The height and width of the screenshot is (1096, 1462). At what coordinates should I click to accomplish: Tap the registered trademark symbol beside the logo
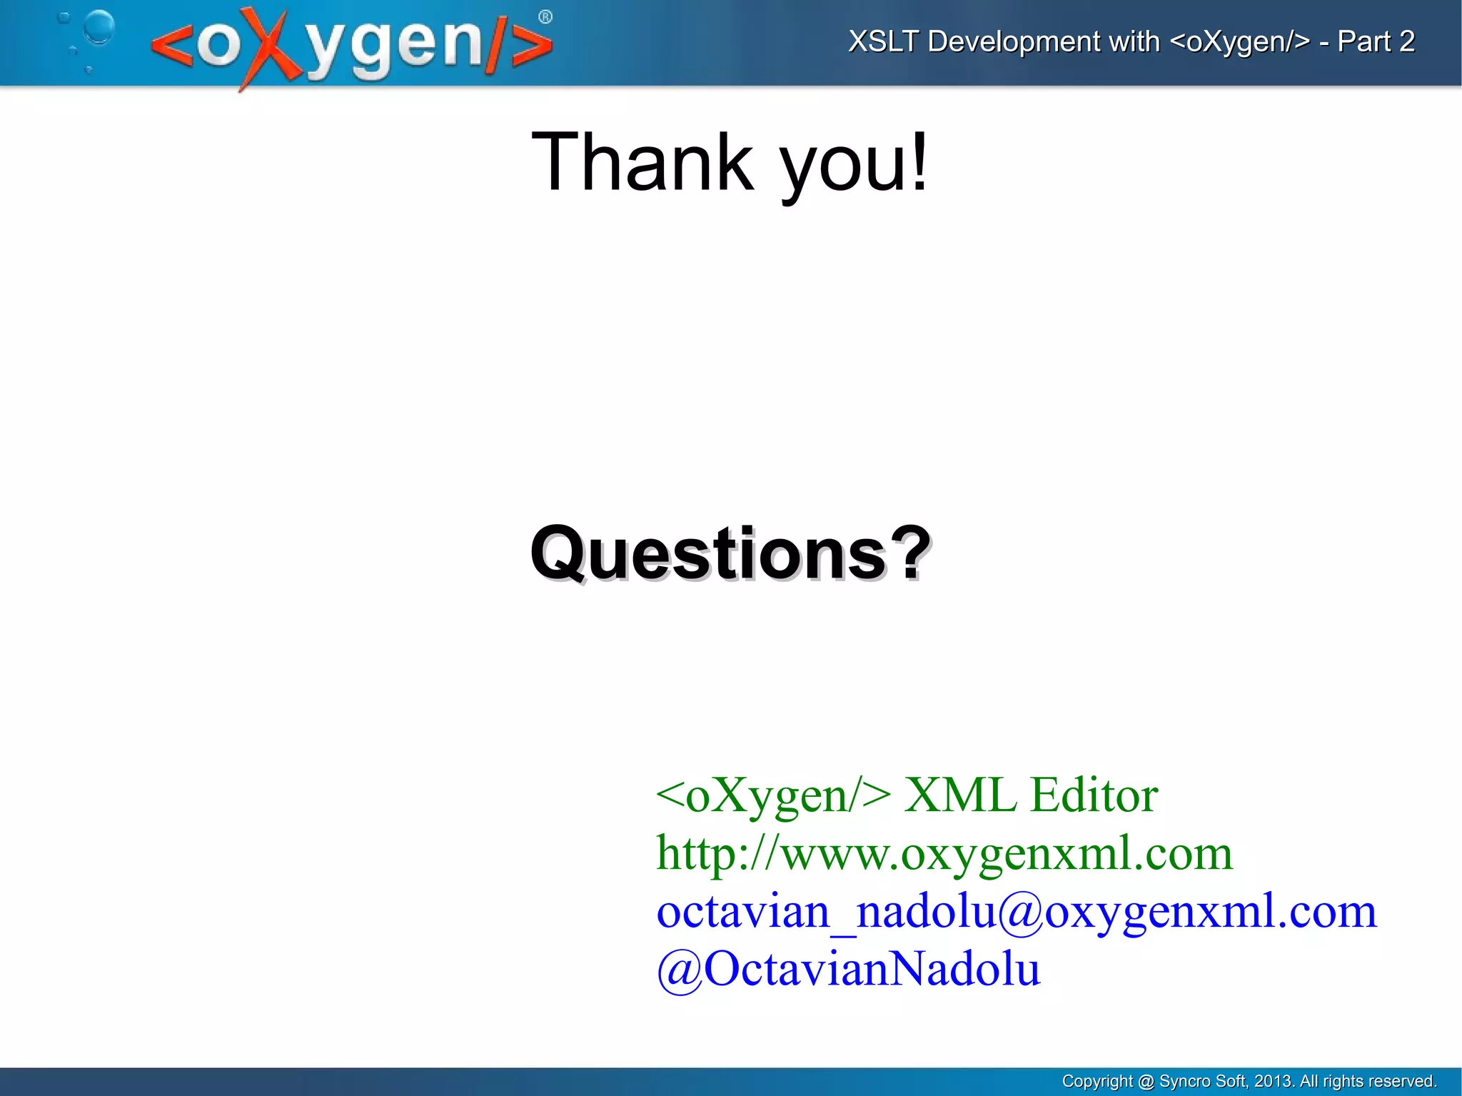tap(545, 17)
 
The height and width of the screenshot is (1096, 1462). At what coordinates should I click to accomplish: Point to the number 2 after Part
tap(1406, 41)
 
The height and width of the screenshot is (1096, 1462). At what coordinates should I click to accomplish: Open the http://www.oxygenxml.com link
tap(944, 853)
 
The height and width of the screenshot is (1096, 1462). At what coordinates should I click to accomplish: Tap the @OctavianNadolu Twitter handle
tap(848, 969)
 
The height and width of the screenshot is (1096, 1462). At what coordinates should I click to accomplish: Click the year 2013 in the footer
tap(1273, 1081)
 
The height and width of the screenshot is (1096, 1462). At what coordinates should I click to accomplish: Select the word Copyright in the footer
tap(1097, 1082)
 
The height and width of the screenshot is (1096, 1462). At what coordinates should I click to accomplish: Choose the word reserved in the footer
tap(1404, 1081)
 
